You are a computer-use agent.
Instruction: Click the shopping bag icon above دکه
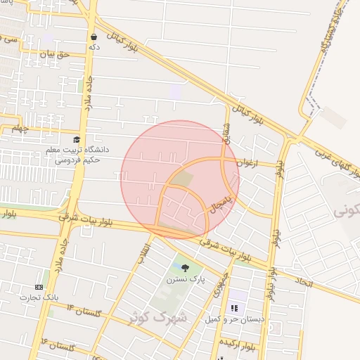(94, 37)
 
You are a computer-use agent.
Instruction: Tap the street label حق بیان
(57, 53)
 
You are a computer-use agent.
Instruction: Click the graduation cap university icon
(77, 139)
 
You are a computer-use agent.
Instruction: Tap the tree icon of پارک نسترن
(185, 267)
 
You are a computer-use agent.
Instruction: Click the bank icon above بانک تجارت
(39, 287)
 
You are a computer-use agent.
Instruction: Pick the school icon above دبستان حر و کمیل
(234, 307)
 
